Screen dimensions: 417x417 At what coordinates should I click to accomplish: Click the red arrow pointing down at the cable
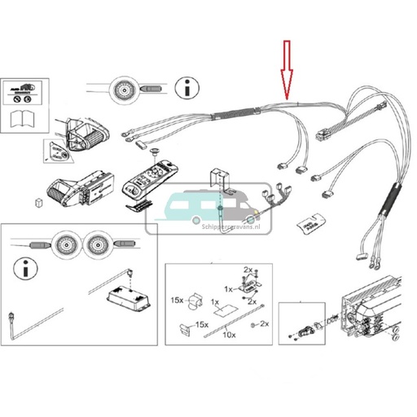click(x=285, y=68)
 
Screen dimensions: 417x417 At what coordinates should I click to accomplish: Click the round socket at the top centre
click(x=127, y=87)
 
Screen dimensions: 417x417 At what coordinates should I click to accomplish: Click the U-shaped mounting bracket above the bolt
click(x=217, y=178)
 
